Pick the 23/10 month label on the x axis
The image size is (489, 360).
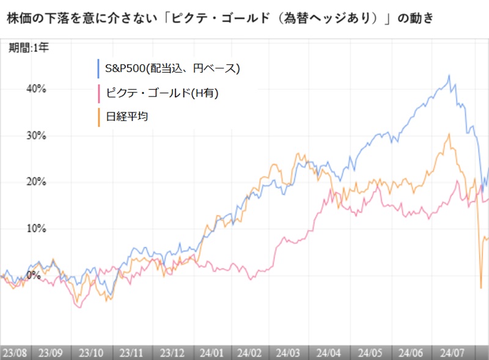tap(92, 353)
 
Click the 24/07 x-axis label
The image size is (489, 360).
tap(450, 353)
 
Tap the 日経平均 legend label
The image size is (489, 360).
tap(127, 116)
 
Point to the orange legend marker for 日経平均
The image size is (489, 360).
tap(98, 116)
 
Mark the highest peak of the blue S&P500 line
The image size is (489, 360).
tap(449, 76)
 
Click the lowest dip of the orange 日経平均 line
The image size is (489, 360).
tap(481, 288)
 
